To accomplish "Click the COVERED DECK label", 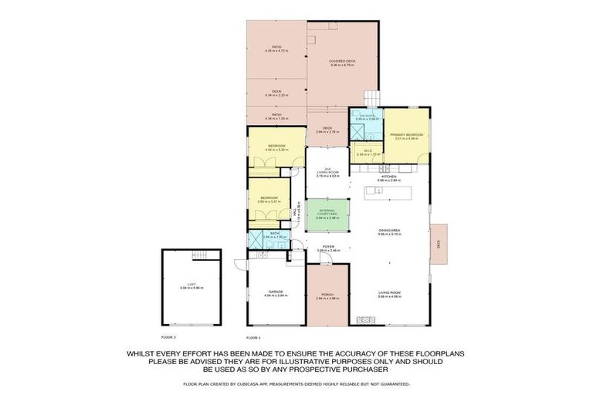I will [341, 62].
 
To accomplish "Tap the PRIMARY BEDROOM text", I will [404, 136].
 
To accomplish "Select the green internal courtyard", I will [326, 215].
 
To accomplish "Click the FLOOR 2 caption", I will [168, 338].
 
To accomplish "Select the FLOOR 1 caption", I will [253, 338].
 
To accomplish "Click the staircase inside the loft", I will [200, 255].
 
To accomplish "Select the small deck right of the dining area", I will [438, 244].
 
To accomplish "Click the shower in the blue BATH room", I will [256, 240].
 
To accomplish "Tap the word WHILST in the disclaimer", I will [144, 353].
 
